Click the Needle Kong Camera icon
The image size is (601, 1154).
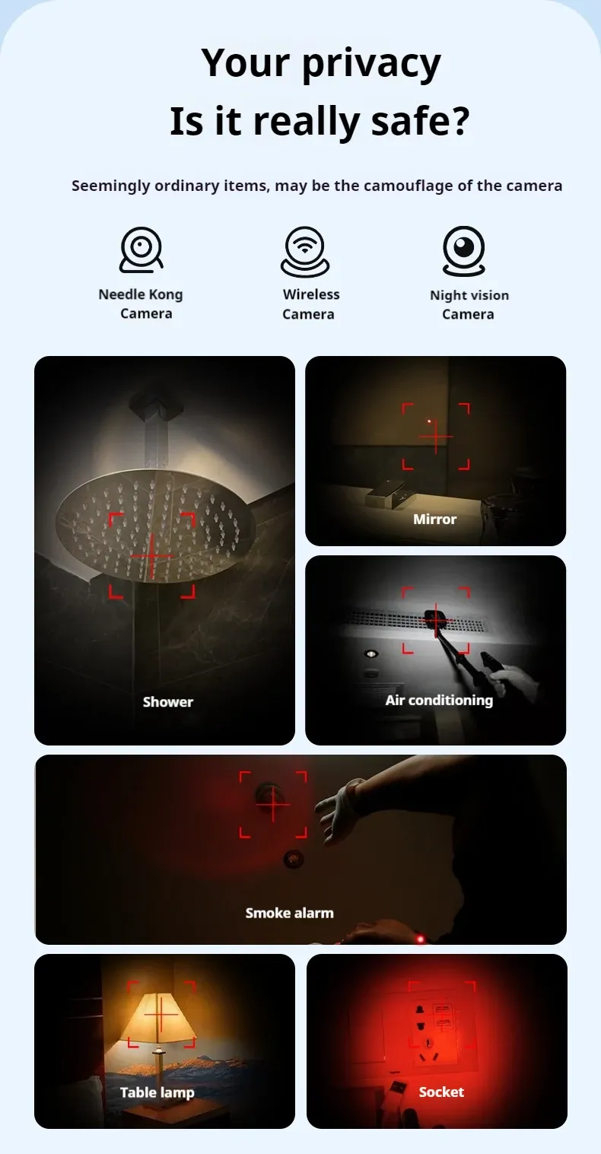[141, 250]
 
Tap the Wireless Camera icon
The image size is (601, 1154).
[305, 251]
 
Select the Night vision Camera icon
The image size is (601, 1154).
[464, 251]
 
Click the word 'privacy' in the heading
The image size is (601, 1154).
[371, 64]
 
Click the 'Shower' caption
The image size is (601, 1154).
[168, 701]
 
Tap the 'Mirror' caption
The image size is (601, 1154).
[434, 519]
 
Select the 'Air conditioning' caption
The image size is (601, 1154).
[439, 700]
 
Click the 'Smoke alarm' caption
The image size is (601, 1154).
[289, 913]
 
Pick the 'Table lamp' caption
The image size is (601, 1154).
[157, 1092]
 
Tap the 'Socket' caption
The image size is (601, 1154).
[441, 1092]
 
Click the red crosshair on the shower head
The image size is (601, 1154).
[152, 556]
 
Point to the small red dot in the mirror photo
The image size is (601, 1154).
[429, 421]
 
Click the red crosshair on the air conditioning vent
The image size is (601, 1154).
[436, 622]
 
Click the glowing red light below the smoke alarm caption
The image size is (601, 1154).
[420, 939]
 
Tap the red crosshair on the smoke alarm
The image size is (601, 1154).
[273, 804]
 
